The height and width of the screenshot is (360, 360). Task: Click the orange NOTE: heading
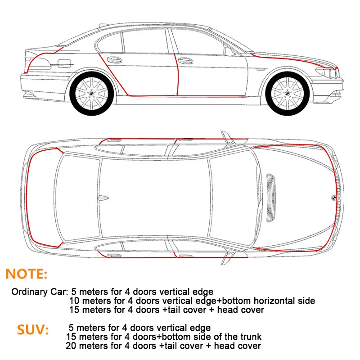(26, 273)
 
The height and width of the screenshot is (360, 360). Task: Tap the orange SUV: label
(33, 330)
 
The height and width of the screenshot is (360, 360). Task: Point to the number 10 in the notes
(75, 301)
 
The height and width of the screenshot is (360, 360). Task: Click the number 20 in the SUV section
(71, 346)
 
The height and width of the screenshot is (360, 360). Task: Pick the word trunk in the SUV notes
(249, 337)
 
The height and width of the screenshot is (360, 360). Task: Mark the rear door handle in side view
(115, 59)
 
